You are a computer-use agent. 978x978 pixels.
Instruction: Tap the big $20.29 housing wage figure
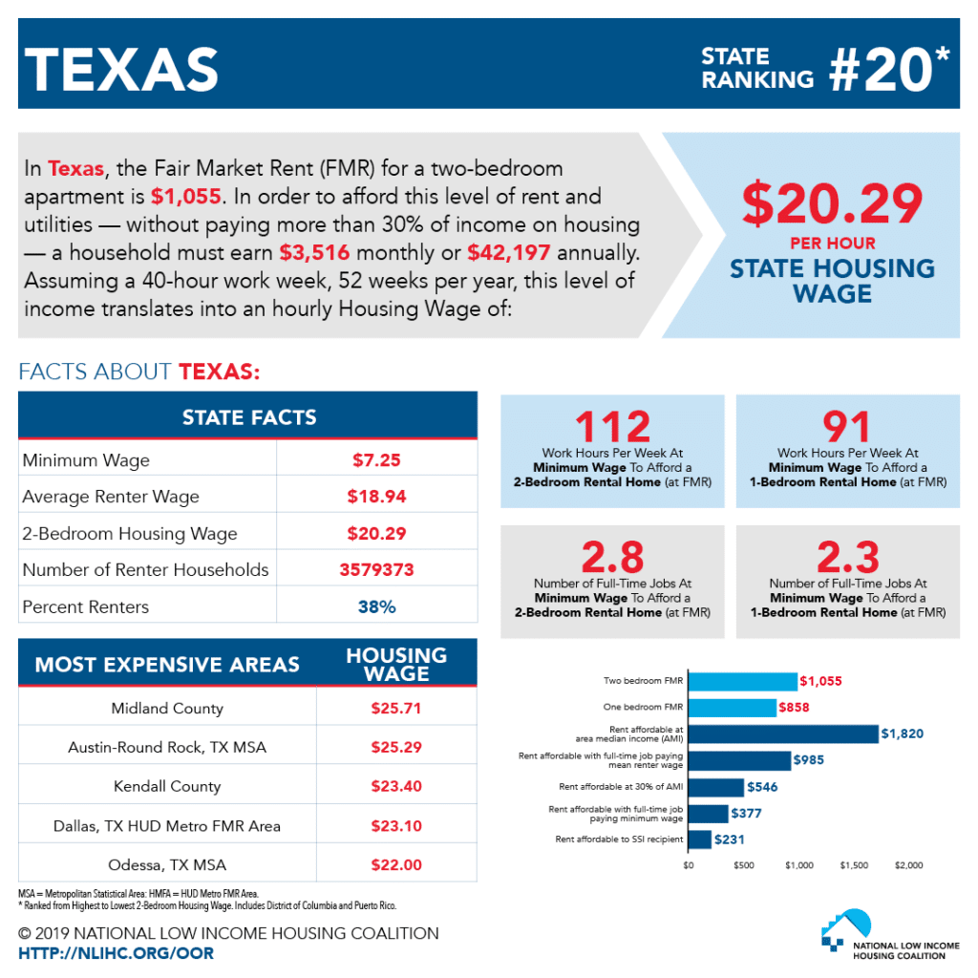pyautogui.click(x=833, y=202)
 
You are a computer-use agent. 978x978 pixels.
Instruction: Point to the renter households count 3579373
pyautogui.click(x=376, y=570)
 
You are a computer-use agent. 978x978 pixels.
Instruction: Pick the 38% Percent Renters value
pyautogui.click(x=376, y=606)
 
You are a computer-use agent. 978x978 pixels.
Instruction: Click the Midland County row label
pyautogui.click(x=167, y=708)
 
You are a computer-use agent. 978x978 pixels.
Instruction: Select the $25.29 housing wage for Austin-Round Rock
pyautogui.click(x=396, y=747)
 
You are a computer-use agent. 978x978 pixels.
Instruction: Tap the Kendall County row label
pyautogui.click(x=167, y=786)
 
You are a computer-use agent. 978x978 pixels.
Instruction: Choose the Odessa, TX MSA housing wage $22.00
pyautogui.click(x=396, y=864)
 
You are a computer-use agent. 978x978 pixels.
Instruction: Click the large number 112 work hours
pyautogui.click(x=612, y=427)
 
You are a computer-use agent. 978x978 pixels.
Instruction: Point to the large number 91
pyautogui.click(x=847, y=427)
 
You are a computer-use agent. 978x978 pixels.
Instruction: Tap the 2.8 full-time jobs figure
pyautogui.click(x=612, y=557)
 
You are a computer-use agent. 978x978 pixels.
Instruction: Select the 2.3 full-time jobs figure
pyautogui.click(x=847, y=557)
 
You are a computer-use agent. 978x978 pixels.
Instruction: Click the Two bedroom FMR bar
pyautogui.click(x=742, y=681)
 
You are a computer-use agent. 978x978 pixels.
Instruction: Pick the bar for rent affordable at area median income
pyautogui.click(x=782, y=733)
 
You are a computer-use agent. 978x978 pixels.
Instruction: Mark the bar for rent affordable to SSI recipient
pyautogui.click(x=699, y=840)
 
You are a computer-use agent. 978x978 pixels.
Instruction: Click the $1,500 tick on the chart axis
pyautogui.click(x=854, y=865)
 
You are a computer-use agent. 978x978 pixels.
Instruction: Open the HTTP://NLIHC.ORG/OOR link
pyautogui.click(x=117, y=953)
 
